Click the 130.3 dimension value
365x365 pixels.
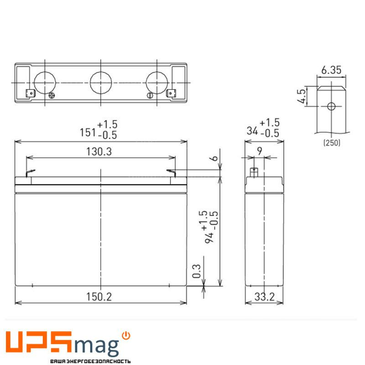click(x=99, y=152)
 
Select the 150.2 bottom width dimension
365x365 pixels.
click(x=99, y=297)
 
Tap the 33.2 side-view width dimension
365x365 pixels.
click(x=265, y=297)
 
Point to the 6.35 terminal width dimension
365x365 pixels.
click(x=331, y=70)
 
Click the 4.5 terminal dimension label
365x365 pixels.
click(x=302, y=96)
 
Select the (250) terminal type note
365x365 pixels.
click(x=332, y=143)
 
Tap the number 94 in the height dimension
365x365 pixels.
click(x=209, y=237)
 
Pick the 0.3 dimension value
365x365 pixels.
click(x=197, y=271)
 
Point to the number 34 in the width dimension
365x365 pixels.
click(x=252, y=131)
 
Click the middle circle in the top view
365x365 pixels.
click(x=101, y=83)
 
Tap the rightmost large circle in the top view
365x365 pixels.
click(x=157, y=83)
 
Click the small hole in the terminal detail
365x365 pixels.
click(x=331, y=106)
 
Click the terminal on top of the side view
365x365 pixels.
click(x=254, y=172)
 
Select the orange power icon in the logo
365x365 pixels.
click(x=126, y=336)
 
